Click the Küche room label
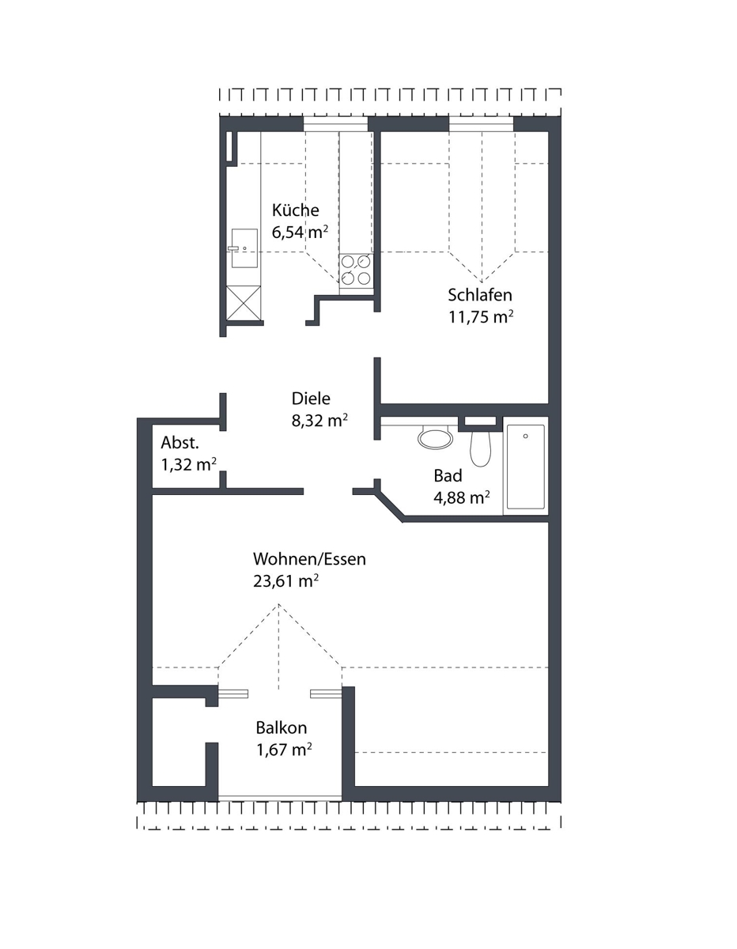pos(295,210)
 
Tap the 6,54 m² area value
pos(300,232)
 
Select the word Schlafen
pos(480,295)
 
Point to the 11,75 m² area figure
pos(481,316)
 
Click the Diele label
pos(311,399)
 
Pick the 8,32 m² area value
pos(319,420)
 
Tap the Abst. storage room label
pos(180,443)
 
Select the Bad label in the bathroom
pos(448,475)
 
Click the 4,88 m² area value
pos(462,497)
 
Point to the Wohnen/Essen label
pos(309,559)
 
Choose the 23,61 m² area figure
pos(285,581)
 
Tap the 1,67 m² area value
pos(284,750)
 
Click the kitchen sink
pos(244,248)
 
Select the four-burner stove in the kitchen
pos(357,270)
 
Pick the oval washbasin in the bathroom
pos(435,438)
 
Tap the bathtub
pos(525,466)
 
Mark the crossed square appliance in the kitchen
pos(244,303)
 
